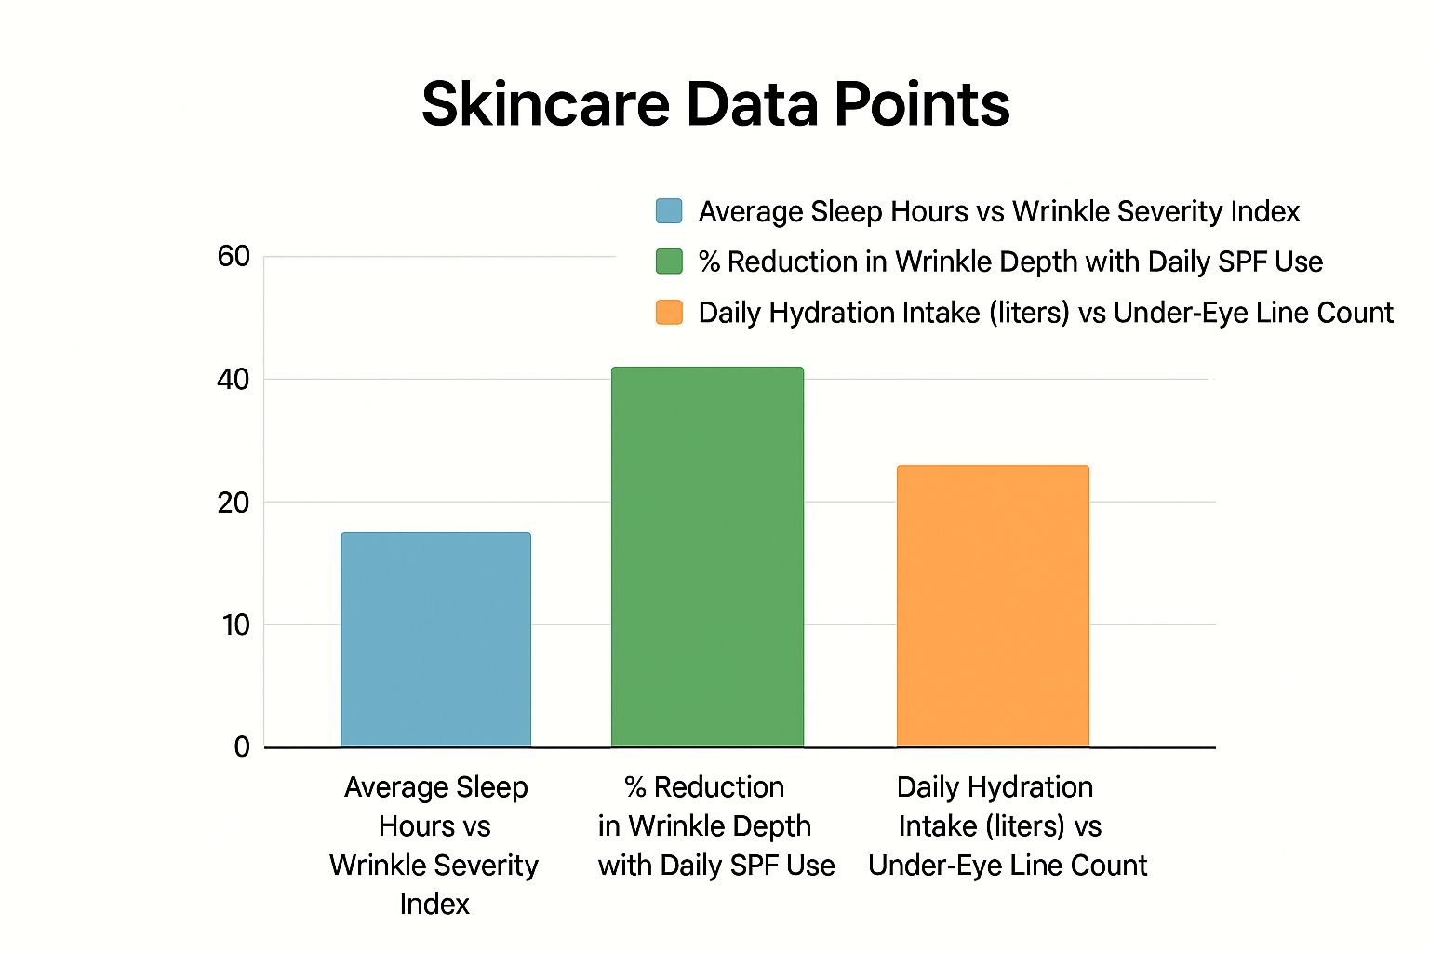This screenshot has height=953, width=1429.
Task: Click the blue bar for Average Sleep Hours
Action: [435, 639]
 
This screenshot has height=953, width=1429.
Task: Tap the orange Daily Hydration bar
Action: [993, 606]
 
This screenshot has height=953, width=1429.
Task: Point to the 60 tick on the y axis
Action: [234, 256]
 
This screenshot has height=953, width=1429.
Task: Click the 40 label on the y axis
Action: [234, 380]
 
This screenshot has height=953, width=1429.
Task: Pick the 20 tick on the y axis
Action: [234, 503]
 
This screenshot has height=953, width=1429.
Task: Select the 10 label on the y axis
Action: [236, 625]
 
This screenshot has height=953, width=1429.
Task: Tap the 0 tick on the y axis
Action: [242, 746]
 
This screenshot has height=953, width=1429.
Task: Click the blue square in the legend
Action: [669, 211]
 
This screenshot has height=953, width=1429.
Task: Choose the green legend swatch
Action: [669, 262]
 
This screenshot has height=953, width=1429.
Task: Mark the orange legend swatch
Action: [669, 312]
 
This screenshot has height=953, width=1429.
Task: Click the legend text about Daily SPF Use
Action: [1010, 262]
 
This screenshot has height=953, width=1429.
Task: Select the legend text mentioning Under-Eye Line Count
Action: [1046, 313]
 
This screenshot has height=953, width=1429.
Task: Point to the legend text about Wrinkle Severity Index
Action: [998, 212]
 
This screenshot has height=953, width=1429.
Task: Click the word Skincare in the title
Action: [545, 103]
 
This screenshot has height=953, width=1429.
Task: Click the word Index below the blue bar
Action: [434, 904]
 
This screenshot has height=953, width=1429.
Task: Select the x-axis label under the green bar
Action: [715, 825]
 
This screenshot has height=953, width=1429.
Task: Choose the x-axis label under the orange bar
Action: [1007, 825]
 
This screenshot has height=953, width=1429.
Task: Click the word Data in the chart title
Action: [753, 103]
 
